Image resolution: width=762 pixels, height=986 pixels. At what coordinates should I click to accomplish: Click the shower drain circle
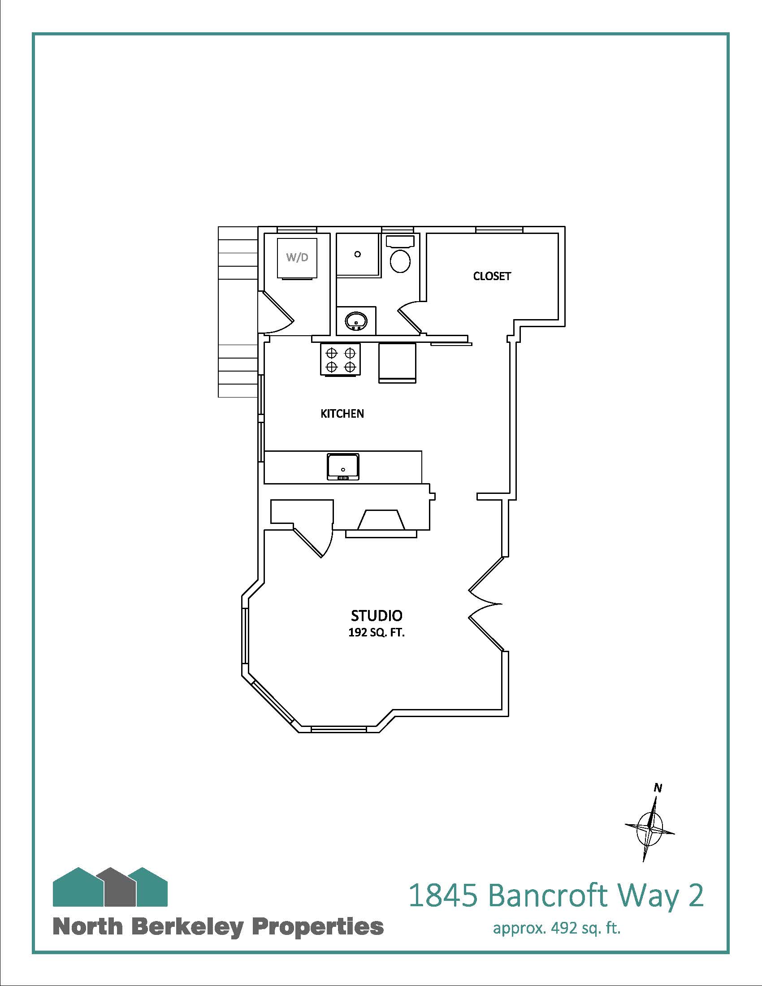tap(358, 254)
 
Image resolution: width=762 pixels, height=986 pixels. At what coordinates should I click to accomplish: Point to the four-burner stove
tap(340, 359)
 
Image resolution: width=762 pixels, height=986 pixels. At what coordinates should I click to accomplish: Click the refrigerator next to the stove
tap(397, 363)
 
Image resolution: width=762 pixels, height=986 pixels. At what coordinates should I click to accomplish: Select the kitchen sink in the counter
tap(343, 467)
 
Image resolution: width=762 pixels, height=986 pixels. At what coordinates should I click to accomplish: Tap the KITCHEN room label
tap(342, 414)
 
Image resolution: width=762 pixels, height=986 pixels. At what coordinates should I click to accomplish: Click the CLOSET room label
tap(492, 276)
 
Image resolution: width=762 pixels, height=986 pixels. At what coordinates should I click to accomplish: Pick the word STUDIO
tap(377, 615)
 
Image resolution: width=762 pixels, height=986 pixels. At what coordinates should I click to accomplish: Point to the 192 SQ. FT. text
tap(377, 632)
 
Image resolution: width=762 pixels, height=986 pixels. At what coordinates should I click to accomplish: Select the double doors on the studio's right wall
tap(486, 604)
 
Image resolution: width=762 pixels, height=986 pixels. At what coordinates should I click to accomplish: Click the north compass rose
tap(650, 827)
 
